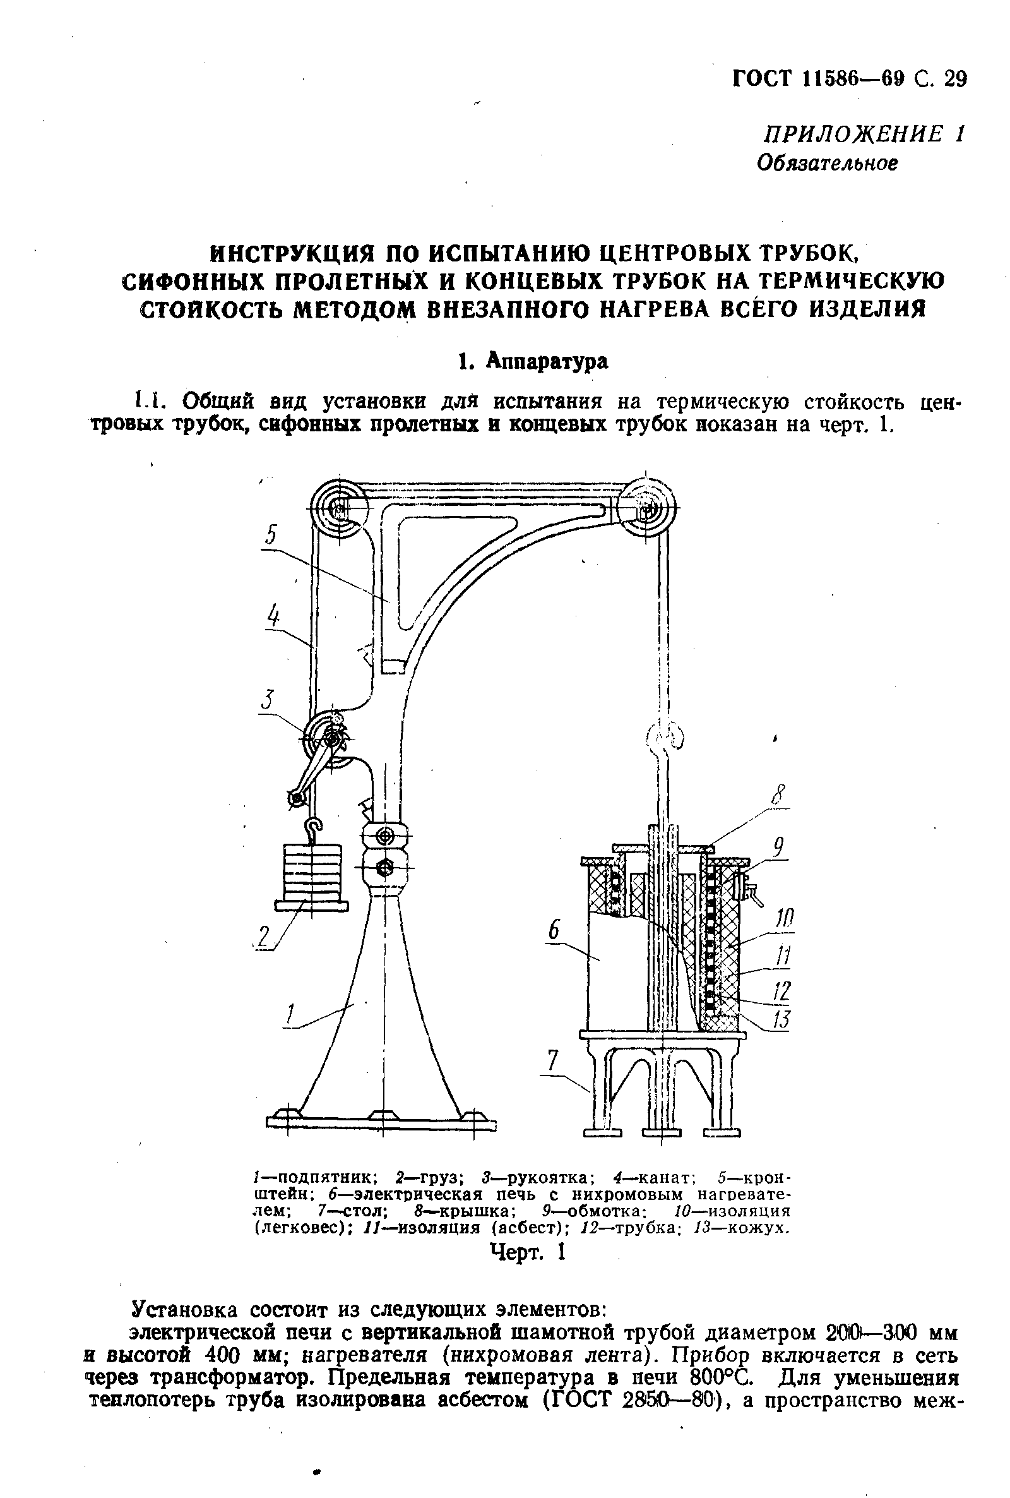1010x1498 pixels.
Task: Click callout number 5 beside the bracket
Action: [271, 534]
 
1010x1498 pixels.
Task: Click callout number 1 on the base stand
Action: [289, 1016]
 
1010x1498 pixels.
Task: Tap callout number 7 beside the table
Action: [552, 1061]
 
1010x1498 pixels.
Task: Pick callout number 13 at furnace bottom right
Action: [781, 1021]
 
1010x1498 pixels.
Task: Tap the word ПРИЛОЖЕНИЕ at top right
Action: [852, 134]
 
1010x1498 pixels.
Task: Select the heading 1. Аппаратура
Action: [532, 361]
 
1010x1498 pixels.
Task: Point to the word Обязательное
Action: [826, 164]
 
